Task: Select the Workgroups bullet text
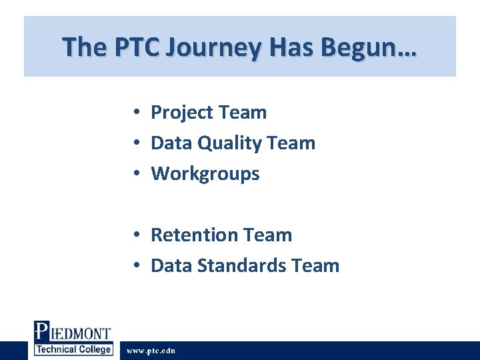(205, 174)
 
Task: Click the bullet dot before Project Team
(135, 113)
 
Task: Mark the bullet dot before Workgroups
(135, 175)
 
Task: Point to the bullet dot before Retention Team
(135, 235)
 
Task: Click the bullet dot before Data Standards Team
(135, 266)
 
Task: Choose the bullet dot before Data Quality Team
(135, 143)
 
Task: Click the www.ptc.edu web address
(151, 351)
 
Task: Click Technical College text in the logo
(73, 350)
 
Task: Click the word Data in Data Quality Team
(168, 143)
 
